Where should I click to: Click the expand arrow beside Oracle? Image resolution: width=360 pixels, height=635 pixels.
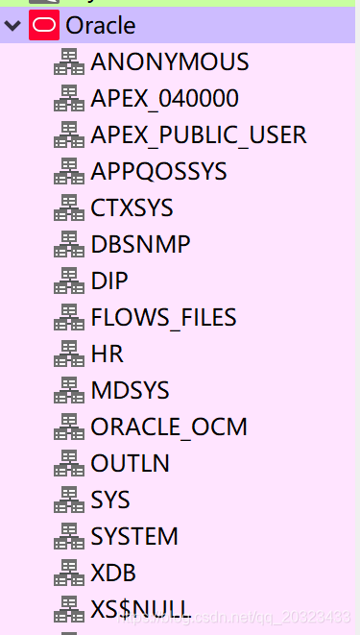coord(12,26)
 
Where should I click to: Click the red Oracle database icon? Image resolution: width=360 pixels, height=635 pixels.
coord(43,26)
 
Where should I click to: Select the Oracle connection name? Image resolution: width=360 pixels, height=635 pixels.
coord(101,26)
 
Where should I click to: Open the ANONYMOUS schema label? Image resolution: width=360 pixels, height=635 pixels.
coord(170,62)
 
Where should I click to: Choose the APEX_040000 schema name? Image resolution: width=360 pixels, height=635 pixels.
coord(165,99)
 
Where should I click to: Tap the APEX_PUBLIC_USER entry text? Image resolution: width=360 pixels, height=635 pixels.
coord(199,135)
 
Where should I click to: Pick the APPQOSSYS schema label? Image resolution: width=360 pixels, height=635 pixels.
coord(158,172)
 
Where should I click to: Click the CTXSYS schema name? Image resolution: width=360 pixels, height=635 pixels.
coord(132,208)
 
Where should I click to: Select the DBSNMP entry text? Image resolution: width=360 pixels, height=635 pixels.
coord(140,245)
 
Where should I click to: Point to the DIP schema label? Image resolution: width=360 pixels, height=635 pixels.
coord(109,281)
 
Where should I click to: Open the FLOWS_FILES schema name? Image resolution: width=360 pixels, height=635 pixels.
coord(163,318)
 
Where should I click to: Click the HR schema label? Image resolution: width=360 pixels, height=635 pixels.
coord(107,354)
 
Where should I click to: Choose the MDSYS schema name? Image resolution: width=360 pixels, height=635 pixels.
coord(130,391)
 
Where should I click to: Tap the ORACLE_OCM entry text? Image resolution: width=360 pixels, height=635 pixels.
coord(169,427)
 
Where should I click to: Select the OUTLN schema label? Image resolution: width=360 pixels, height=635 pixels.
coord(130,464)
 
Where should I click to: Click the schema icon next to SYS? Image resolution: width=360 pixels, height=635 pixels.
coord(68,501)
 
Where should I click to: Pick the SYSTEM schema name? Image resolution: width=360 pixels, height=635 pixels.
coord(134,537)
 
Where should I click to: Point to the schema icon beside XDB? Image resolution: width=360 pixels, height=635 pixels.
coord(68,574)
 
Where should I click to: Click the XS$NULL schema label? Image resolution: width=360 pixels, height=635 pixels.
coord(140,609)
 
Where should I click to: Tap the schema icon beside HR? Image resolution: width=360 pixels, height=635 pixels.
coord(68,354)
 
